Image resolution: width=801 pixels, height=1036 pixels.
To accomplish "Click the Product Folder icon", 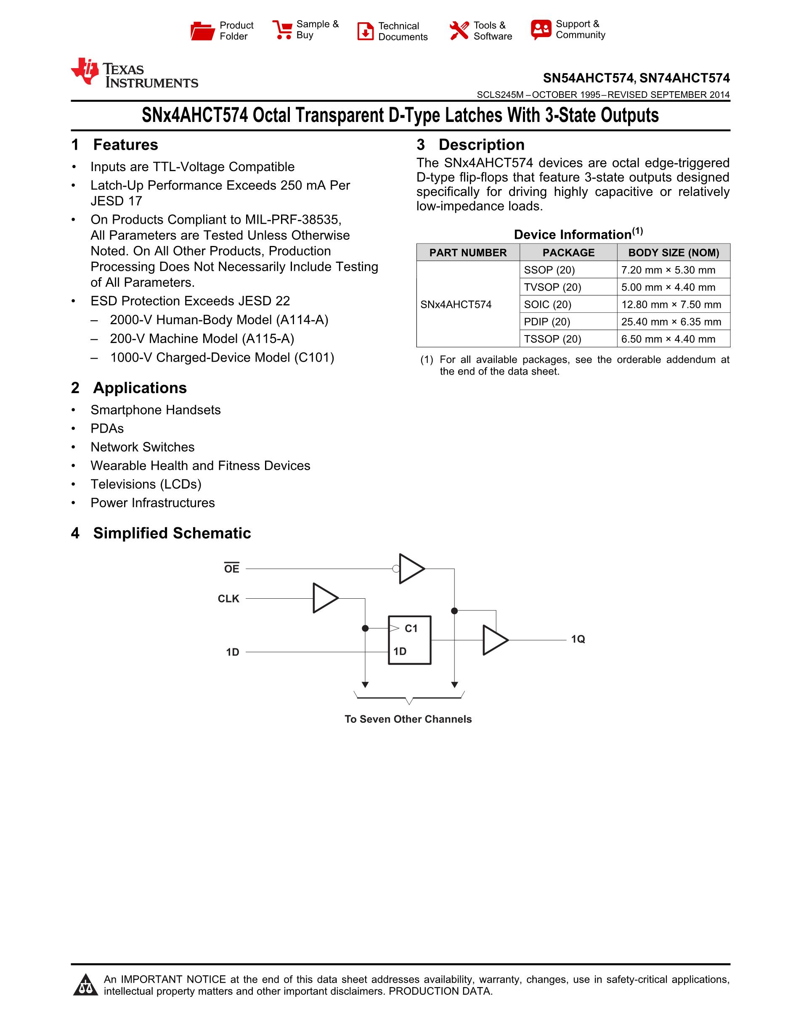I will pos(203,31).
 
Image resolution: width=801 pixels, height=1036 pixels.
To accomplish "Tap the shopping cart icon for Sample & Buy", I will pos(282,30).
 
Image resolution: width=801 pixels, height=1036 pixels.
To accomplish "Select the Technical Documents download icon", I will pos(365,31).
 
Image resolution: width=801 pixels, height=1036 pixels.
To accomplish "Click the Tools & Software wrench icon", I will pos(459,31).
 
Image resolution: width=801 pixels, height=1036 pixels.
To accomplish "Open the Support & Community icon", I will pos(541,29).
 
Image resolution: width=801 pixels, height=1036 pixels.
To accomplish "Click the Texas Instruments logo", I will pos(134,74).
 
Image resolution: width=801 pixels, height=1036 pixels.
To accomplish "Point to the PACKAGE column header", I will pos(568,252).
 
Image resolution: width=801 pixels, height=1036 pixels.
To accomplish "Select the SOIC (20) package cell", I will pos(548,304).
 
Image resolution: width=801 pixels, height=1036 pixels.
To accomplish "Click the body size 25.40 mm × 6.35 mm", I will pos(671,322).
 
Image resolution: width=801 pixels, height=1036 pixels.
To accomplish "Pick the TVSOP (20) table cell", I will pos(552,287).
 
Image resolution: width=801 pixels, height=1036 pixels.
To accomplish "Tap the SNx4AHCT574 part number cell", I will pos(456,304).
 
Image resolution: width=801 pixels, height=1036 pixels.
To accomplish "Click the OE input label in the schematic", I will pos(231,568).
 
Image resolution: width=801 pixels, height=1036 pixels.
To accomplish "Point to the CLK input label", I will pos(228,599).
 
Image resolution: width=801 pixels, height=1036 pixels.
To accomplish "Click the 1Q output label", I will pos(578,640).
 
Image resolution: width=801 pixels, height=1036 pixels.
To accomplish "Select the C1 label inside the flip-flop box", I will pos(411,629).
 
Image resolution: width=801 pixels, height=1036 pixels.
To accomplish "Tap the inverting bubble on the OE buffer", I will pos(396,568).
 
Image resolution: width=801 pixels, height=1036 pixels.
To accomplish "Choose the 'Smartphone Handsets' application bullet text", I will pos(156,410).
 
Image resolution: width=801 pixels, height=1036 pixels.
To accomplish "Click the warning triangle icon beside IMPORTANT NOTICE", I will pos(86,985).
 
